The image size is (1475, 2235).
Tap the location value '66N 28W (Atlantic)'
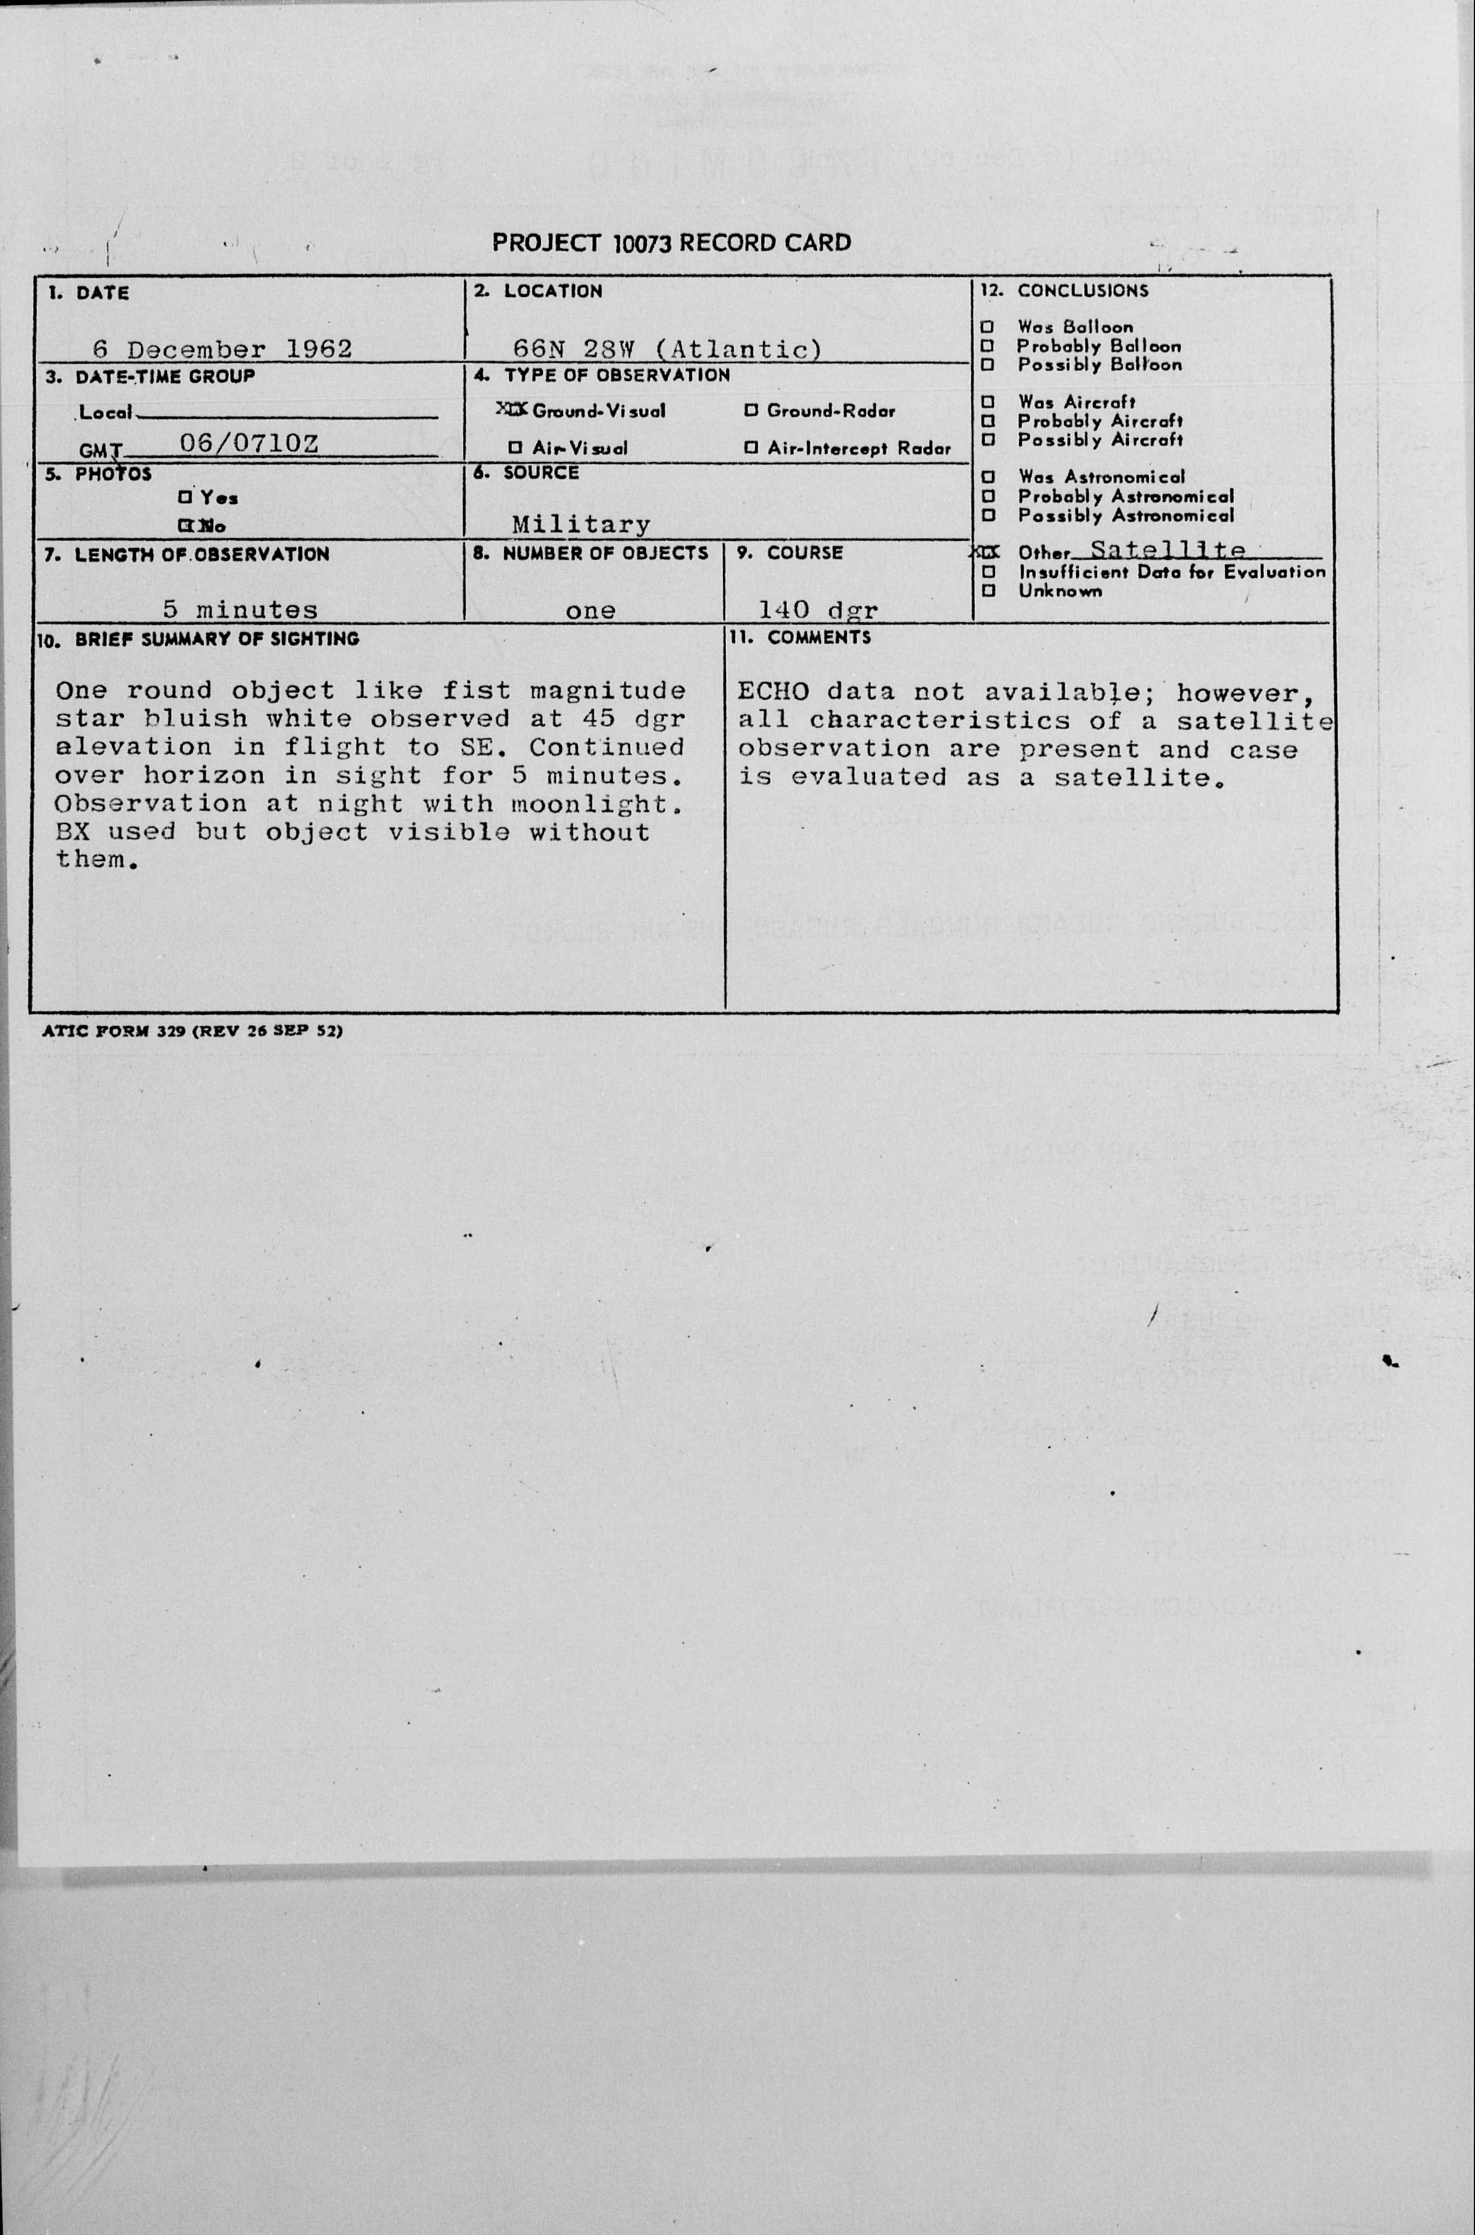tap(667, 349)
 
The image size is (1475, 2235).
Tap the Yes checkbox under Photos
tap(185, 497)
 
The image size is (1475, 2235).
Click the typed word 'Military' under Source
tap(580, 524)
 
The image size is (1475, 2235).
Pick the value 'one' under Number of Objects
tap(591, 611)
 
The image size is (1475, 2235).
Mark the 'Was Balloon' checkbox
tap(987, 327)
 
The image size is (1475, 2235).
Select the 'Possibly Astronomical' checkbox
tap(987, 516)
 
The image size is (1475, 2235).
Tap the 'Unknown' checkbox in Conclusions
tap(987, 591)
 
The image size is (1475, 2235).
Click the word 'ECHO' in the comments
tap(772, 692)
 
